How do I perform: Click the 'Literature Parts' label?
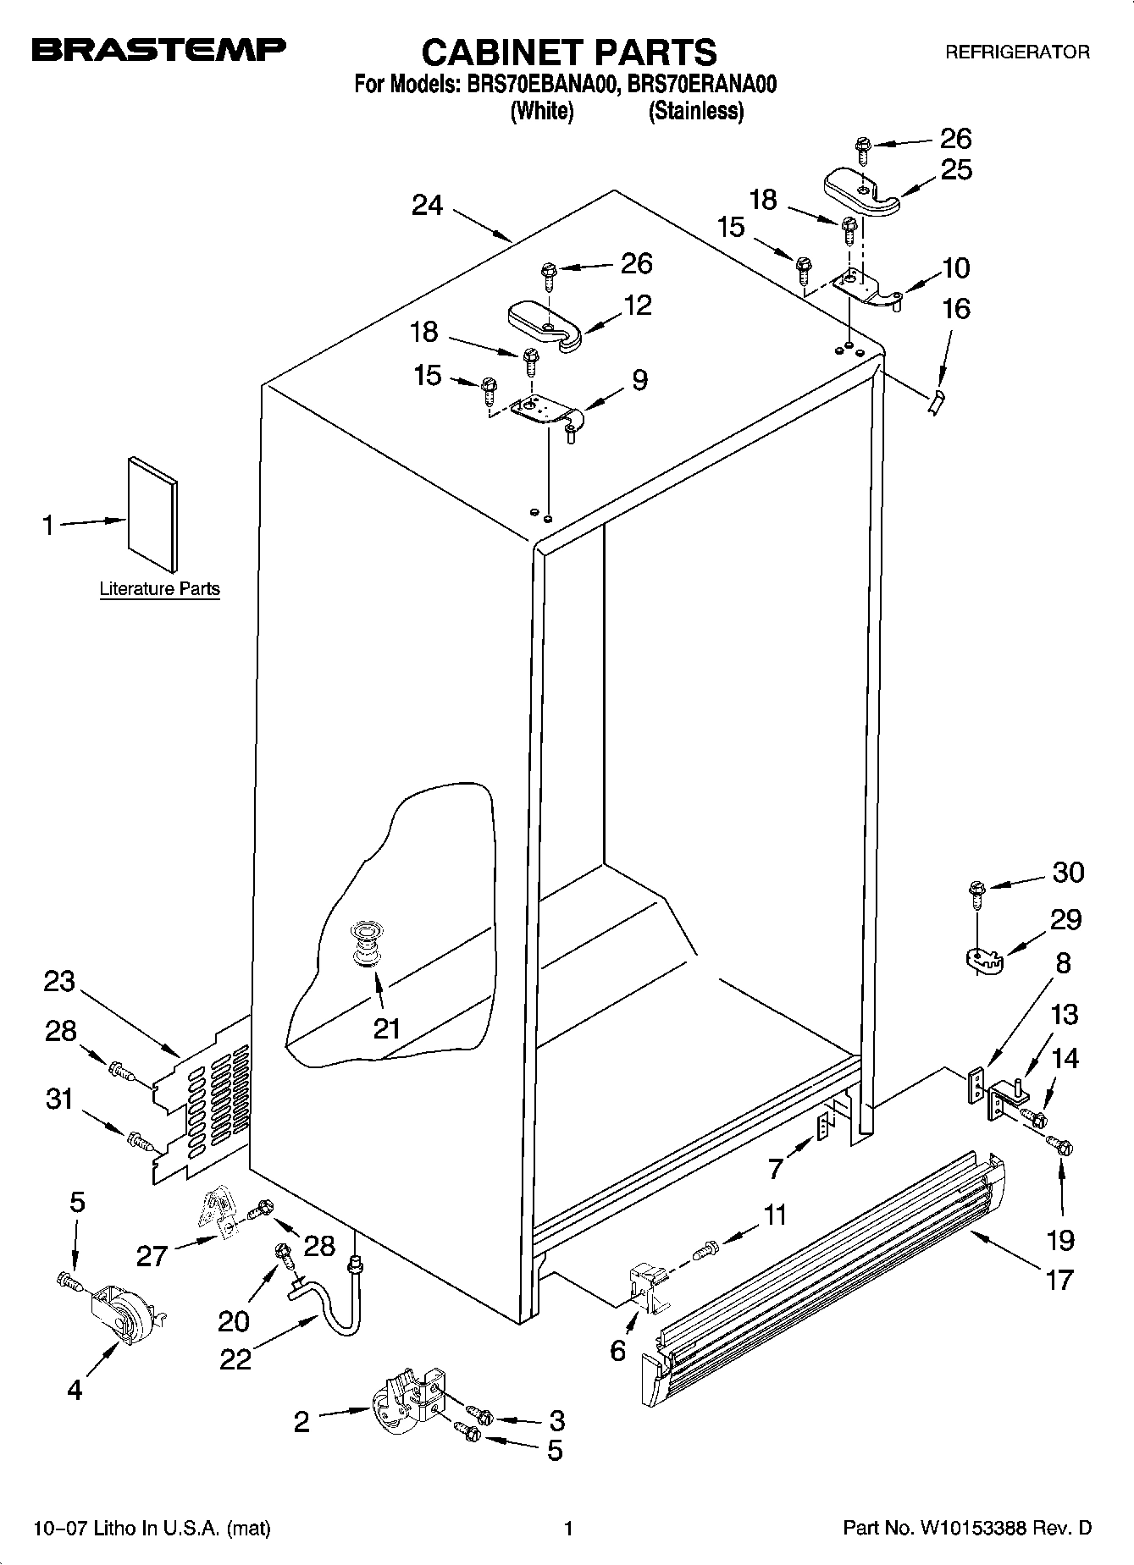coord(159,589)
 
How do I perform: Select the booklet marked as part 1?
coord(152,514)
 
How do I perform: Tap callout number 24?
coord(427,205)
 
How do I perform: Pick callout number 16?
coord(956,309)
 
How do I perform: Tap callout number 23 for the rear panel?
coord(59,983)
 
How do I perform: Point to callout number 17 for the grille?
coord(1059,1280)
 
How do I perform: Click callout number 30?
coord(1067,873)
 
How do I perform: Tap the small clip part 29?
coord(983,960)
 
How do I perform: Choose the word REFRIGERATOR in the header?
coord(1016,52)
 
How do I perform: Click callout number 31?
coord(58,1099)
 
